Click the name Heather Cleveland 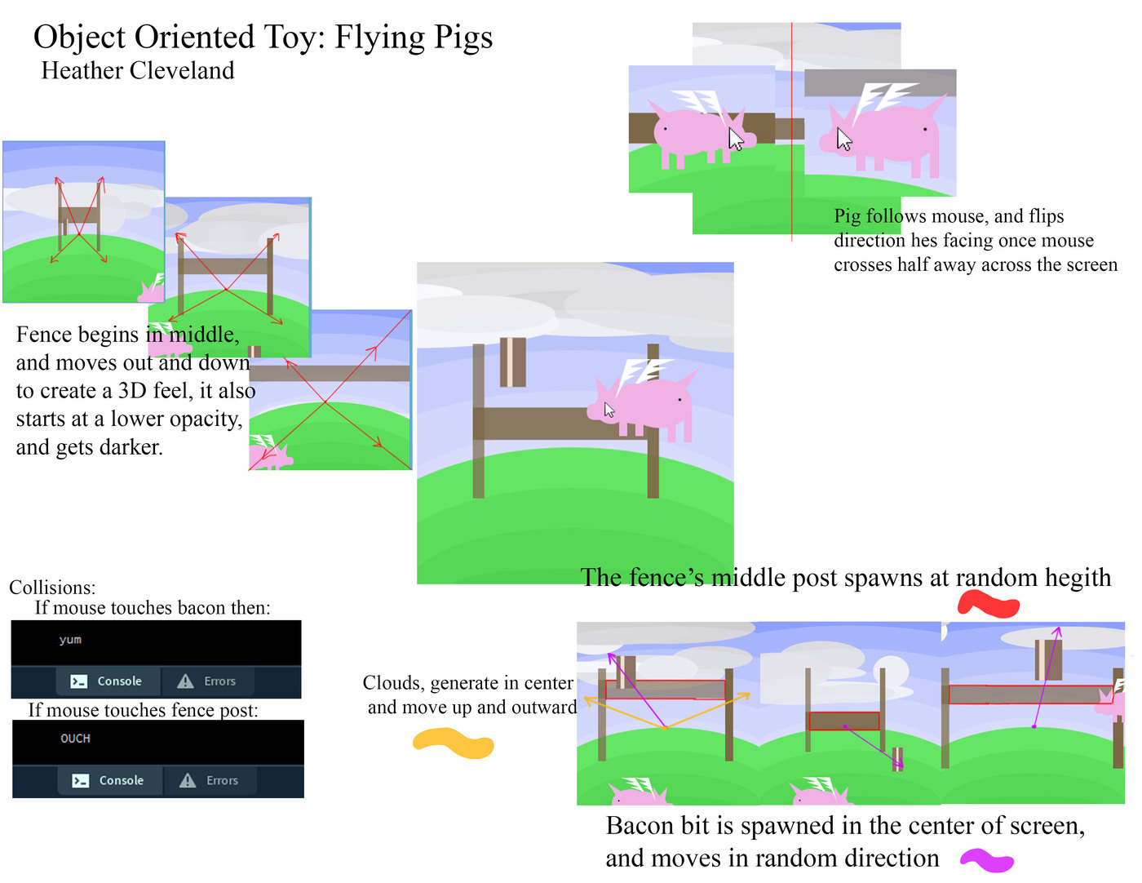point(138,70)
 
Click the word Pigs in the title point(463,38)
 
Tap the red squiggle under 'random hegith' point(989,604)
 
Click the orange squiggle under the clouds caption point(454,743)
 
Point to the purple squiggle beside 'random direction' point(987,860)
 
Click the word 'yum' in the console point(70,640)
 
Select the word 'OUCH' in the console point(75,739)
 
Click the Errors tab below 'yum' point(207,681)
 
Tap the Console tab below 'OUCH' point(108,780)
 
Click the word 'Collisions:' point(52,587)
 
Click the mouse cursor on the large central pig point(609,410)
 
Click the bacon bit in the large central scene point(513,362)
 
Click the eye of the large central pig point(679,400)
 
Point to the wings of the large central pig point(641,373)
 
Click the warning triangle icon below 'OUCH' point(188,780)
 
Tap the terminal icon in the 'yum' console point(79,681)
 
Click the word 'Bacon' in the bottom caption point(640,826)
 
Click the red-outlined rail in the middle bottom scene point(844,721)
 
